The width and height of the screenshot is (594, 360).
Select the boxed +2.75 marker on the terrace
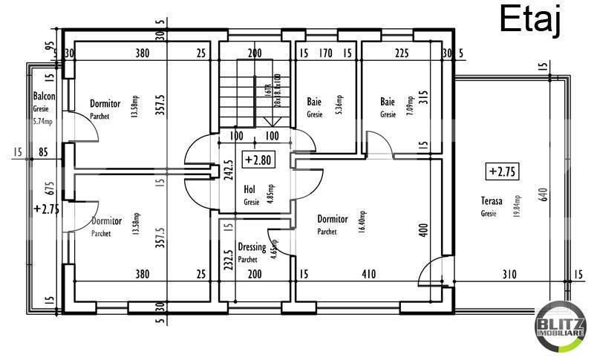point(502,172)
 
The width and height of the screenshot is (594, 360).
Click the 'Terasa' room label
point(492,201)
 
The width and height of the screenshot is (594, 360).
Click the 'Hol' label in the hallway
point(250,190)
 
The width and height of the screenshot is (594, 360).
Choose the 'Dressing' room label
point(252,247)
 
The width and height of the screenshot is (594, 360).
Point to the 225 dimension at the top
point(401,53)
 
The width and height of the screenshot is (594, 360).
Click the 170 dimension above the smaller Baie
point(325,53)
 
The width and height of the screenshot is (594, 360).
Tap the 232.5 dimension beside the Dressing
point(229,263)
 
